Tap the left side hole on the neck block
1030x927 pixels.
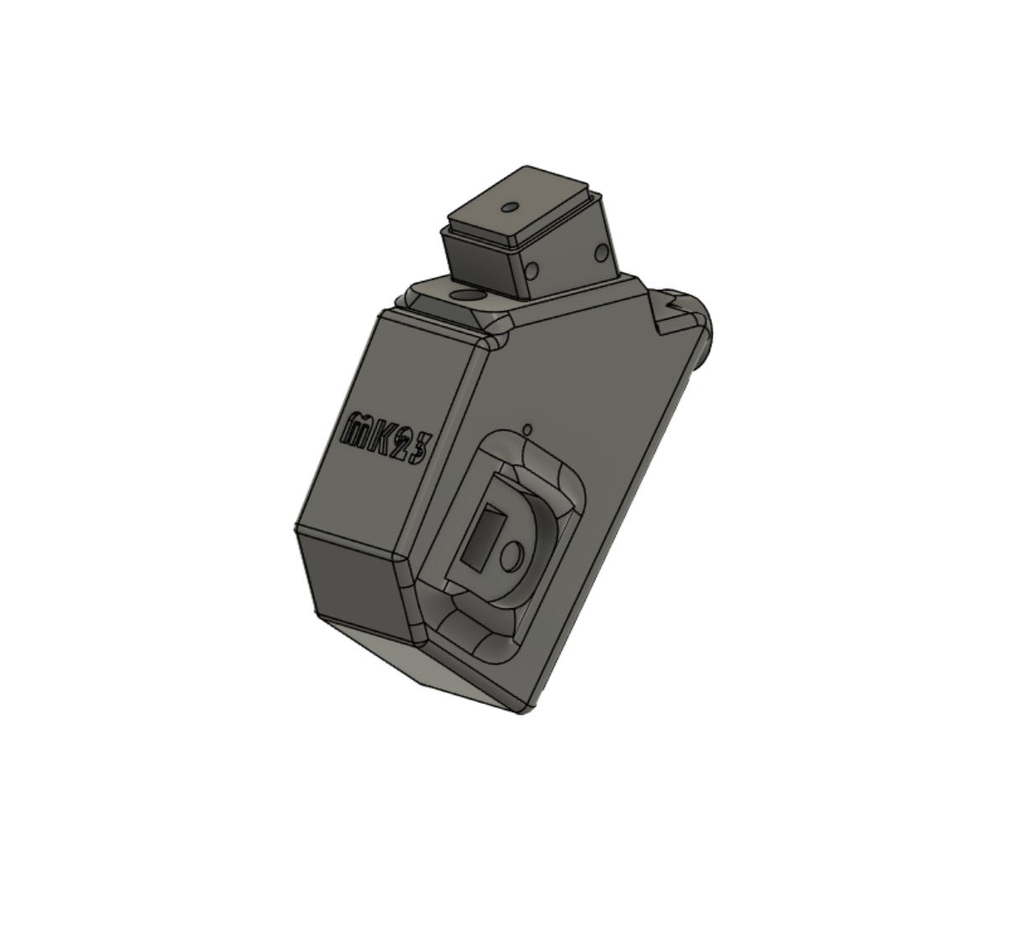tap(531, 270)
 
